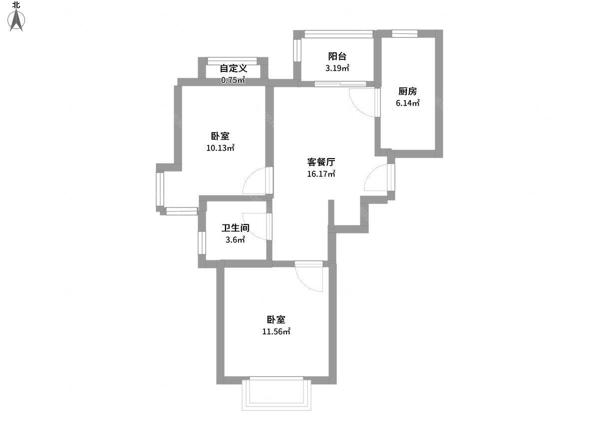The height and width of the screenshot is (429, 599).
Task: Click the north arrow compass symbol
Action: pyautogui.click(x=16, y=20)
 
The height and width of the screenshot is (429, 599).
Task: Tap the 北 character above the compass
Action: pyautogui.click(x=16, y=5)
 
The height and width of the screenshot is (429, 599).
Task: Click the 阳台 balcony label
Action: pyautogui.click(x=337, y=56)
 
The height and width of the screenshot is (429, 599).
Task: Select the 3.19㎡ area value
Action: pyautogui.click(x=337, y=68)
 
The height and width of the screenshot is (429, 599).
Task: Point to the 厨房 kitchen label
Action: pyautogui.click(x=407, y=91)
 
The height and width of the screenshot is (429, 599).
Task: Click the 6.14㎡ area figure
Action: pyautogui.click(x=407, y=103)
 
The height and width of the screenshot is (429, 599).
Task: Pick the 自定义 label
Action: pyautogui.click(x=234, y=68)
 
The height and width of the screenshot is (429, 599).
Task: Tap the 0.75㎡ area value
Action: pyautogui.click(x=233, y=80)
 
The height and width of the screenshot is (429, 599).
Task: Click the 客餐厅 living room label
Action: pyautogui.click(x=321, y=162)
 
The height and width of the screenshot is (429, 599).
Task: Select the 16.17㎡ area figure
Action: pyautogui.click(x=321, y=174)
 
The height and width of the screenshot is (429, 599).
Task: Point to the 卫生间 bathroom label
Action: pyautogui.click(x=235, y=228)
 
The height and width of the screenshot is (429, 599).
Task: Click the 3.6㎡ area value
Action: pyautogui.click(x=235, y=239)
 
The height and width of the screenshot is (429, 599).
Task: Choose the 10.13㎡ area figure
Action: pyautogui.click(x=220, y=148)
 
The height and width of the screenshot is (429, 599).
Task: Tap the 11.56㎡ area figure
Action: pyautogui.click(x=276, y=331)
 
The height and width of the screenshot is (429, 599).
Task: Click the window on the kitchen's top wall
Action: pyautogui.click(x=405, y=33)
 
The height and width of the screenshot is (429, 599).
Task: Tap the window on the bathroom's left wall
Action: pyautogui.click(x=202, y=243)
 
